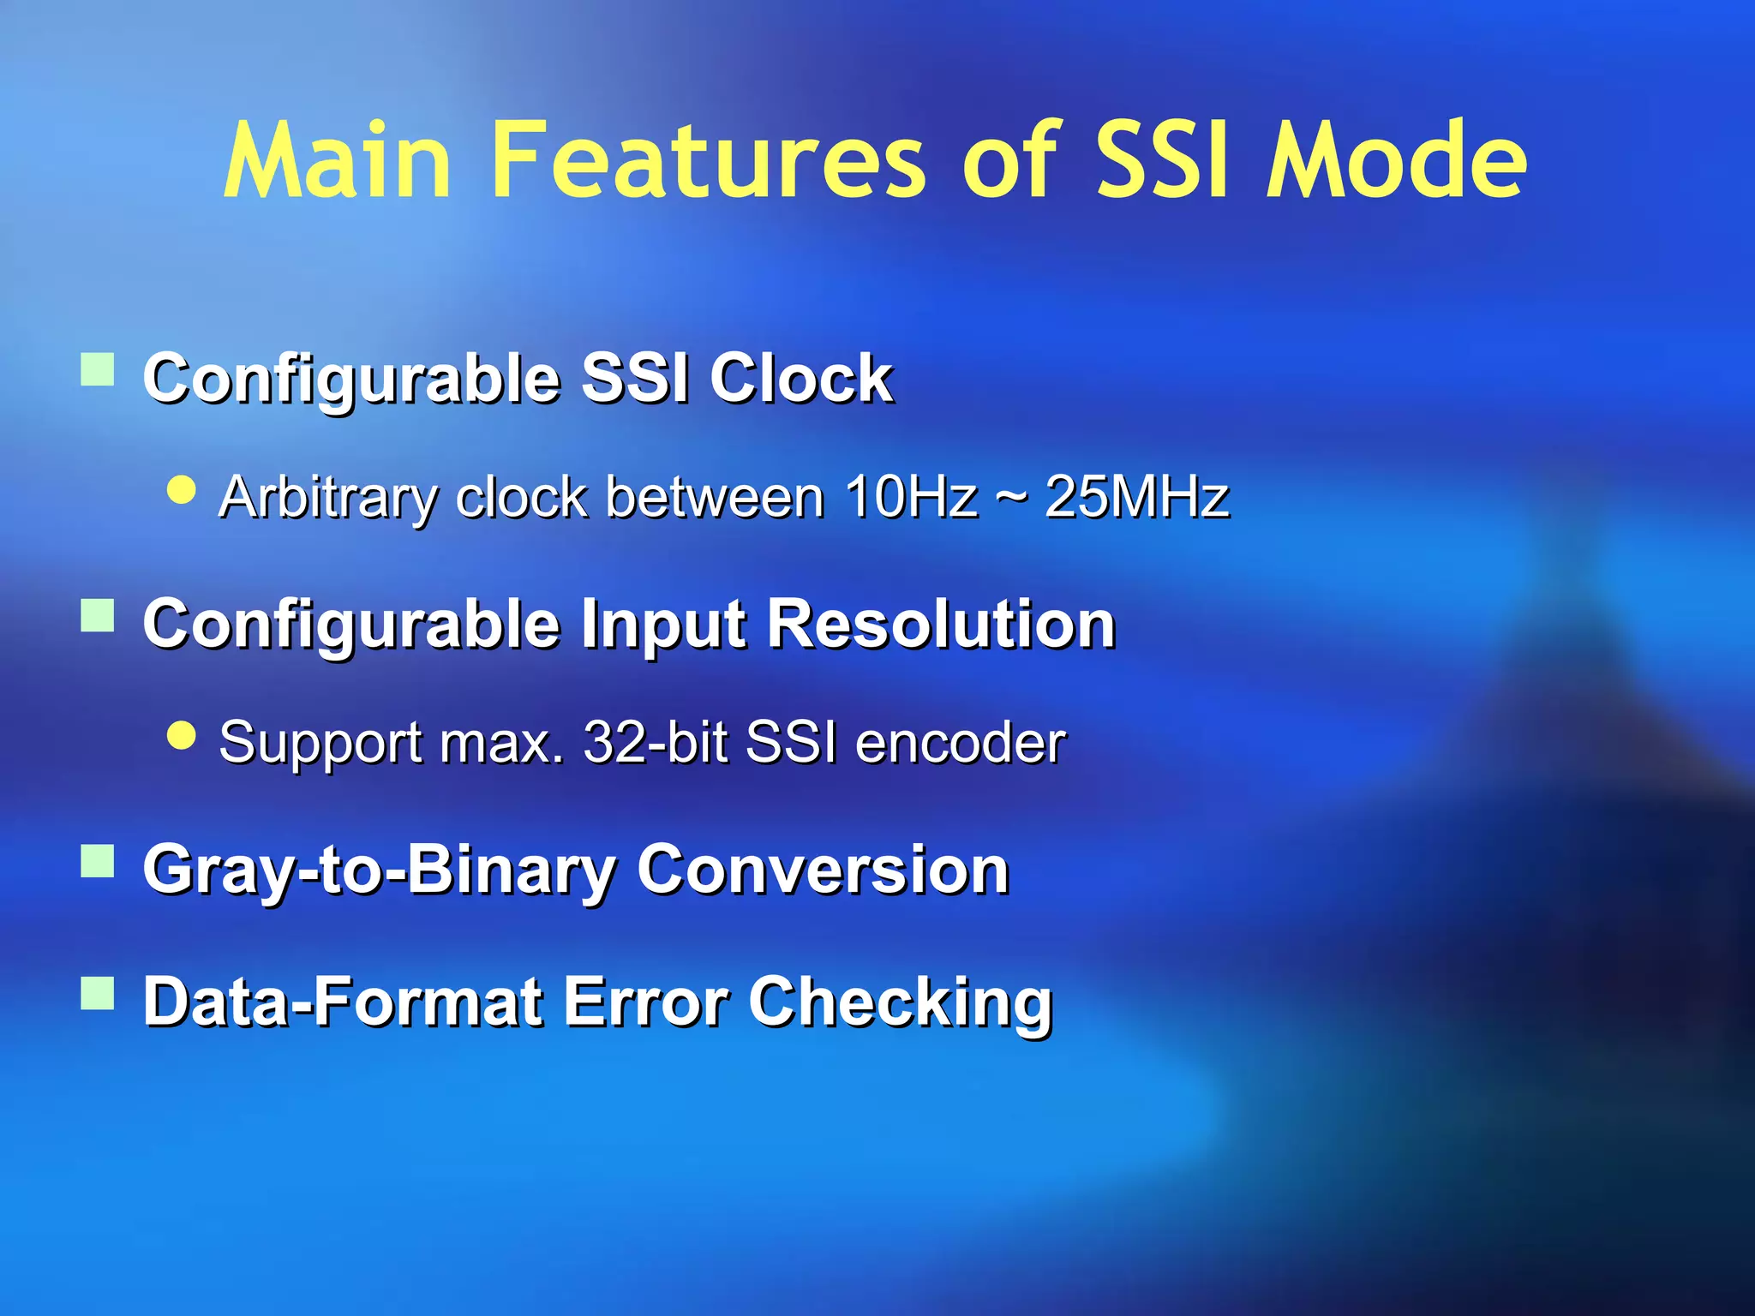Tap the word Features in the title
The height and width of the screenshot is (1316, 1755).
[x=708, y=161]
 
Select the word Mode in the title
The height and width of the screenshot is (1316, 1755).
[x=1397, y=161]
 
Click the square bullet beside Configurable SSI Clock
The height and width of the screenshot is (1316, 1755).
[x=98, y=370]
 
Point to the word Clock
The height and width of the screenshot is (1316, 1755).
[x=801, y=378]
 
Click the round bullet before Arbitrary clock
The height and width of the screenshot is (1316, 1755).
[x=182, y=490]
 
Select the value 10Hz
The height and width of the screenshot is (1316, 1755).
[x=911, y=497]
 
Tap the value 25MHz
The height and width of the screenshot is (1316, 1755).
[x=1137, y=497]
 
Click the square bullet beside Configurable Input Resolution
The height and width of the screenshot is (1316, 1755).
[x=98, y=615]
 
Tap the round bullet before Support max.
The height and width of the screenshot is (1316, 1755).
[x=182, y=734]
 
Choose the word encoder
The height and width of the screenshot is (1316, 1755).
[x=960, y=742]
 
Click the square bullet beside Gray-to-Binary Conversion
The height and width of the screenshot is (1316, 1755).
[x=98, y=861]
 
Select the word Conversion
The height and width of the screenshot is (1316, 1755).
[x=823, y=869]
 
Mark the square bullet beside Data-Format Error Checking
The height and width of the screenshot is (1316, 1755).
[x=98, y=994]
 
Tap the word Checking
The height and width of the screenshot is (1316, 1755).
[x=900, y=1002]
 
